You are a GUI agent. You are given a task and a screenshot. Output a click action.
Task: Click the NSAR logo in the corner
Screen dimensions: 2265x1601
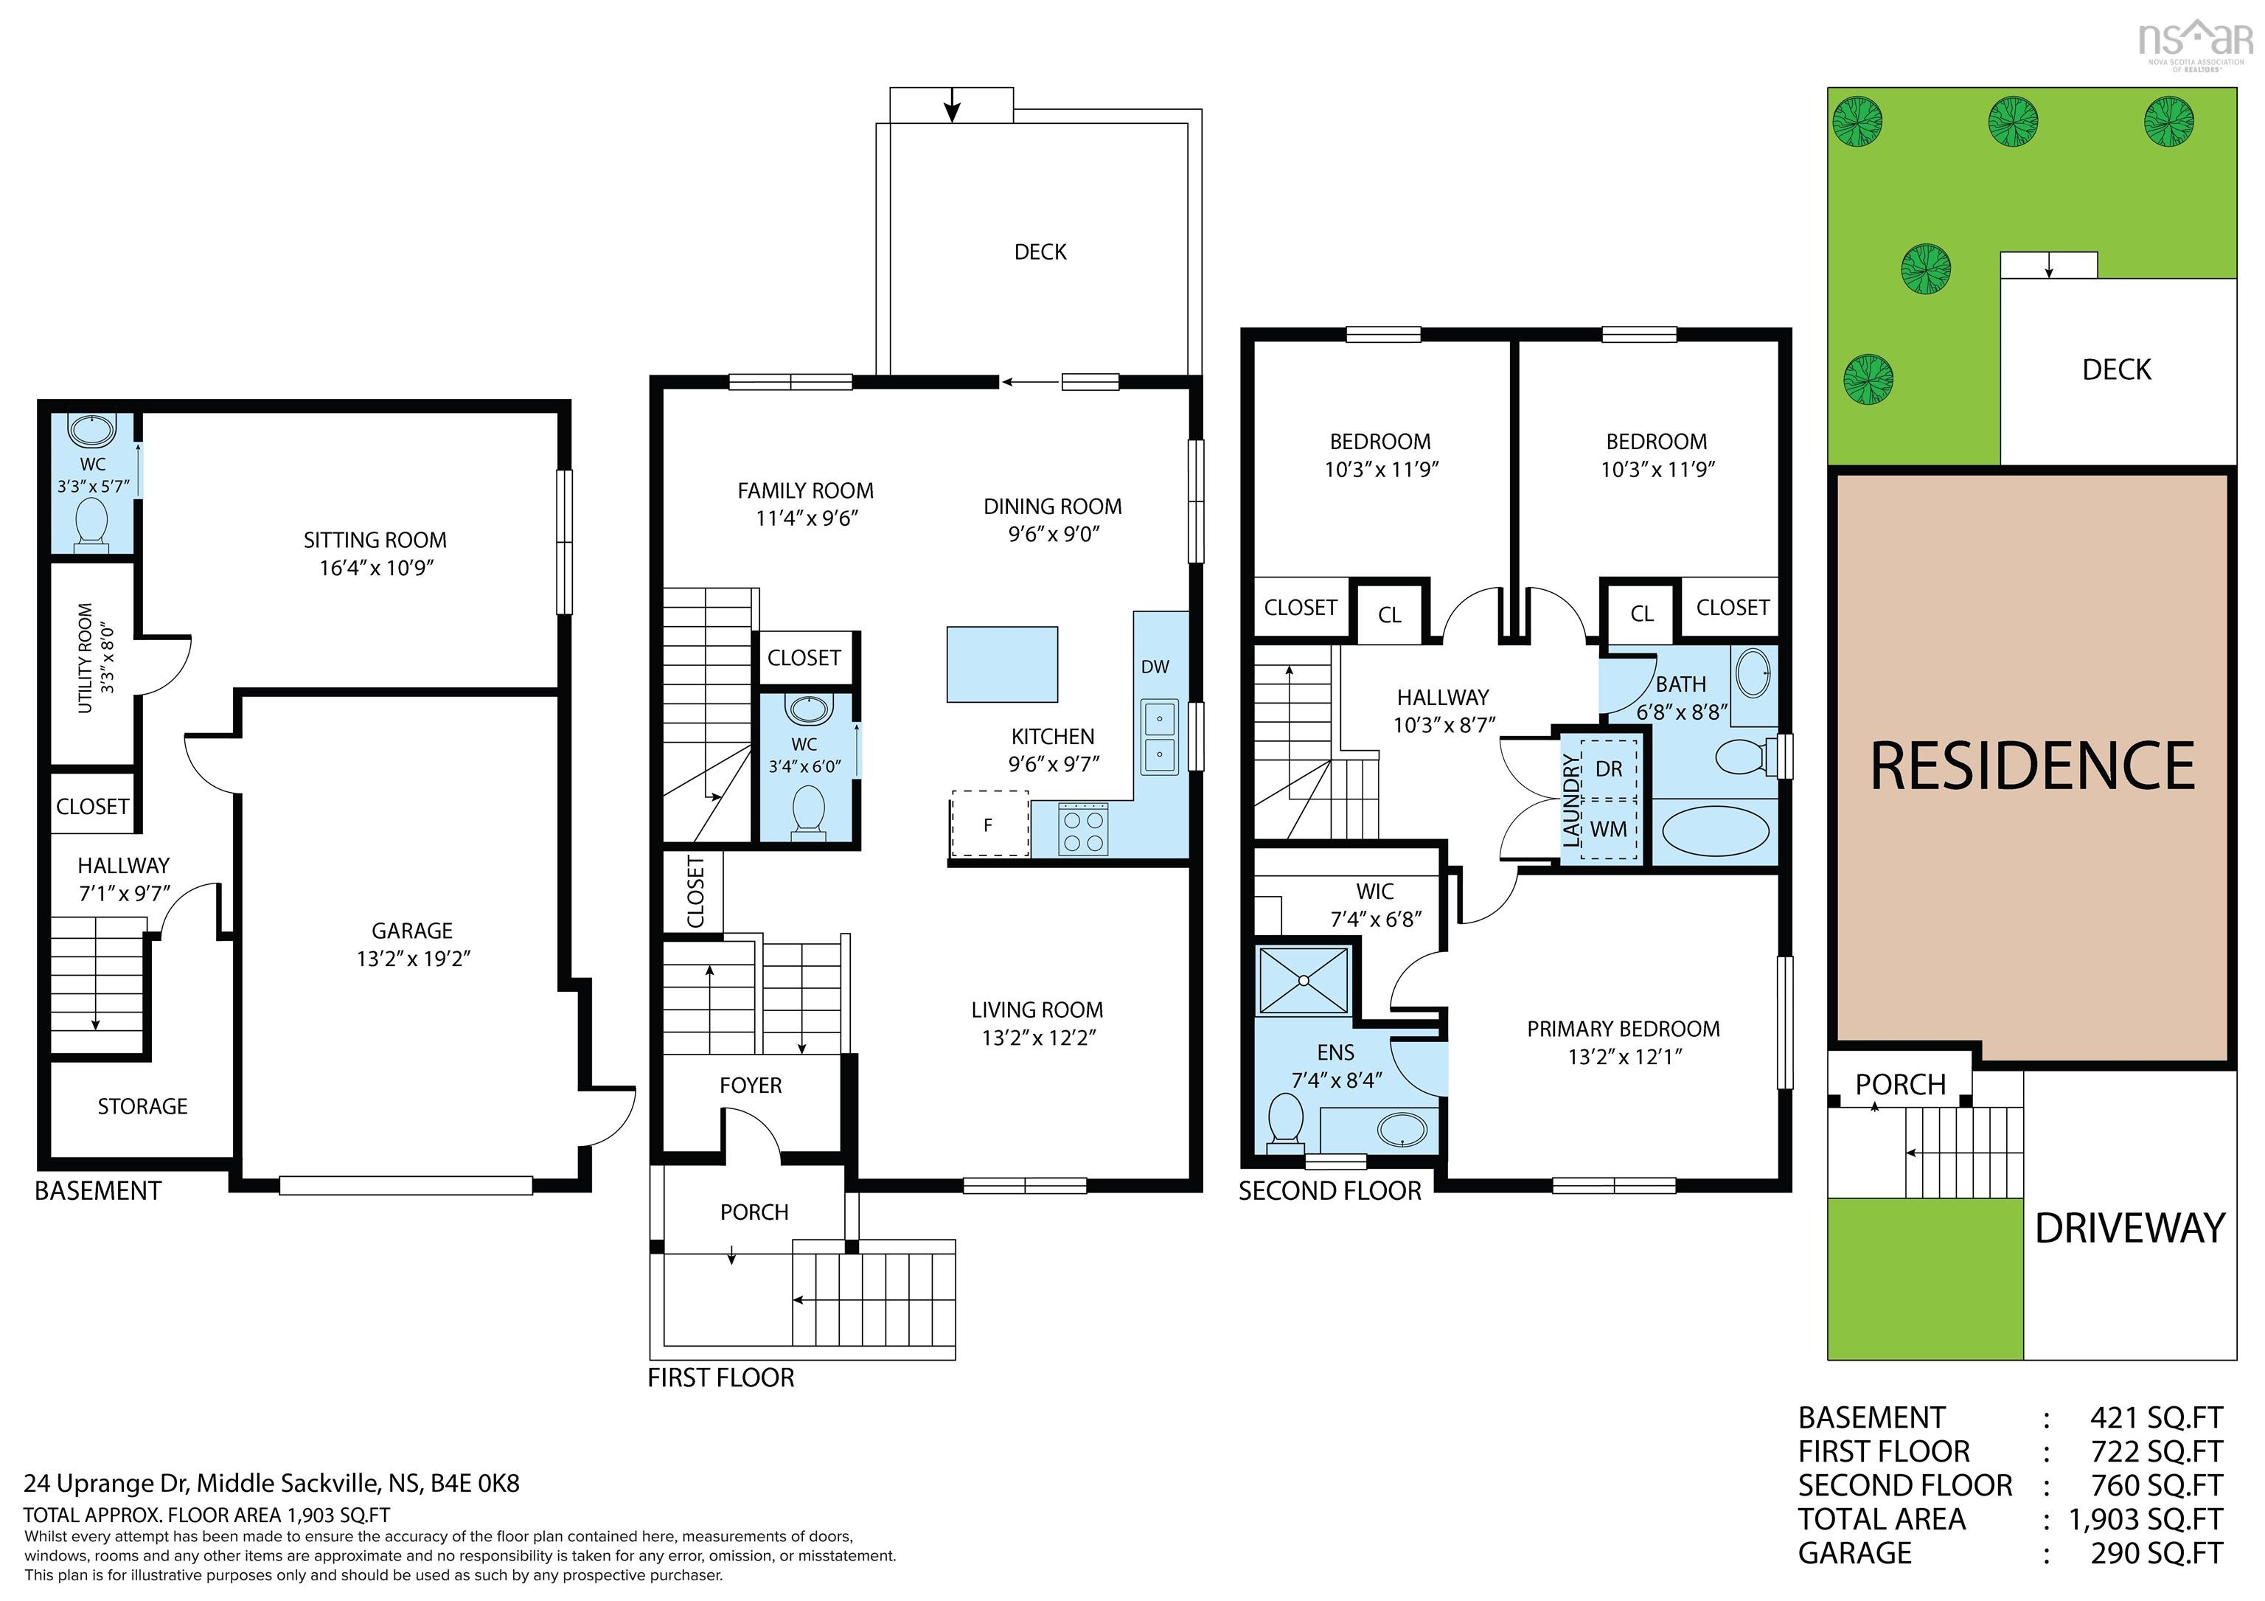pyautogui.click(x=2195, y=44)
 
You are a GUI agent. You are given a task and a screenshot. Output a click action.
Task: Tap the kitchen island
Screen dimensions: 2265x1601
pyautogui.click(x=1002, y=664)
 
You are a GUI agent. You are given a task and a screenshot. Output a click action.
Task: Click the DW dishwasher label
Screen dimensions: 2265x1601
pyautogui.click(x=1155, y=667)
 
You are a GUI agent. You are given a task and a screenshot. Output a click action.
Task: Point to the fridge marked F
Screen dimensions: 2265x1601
pyautogui.click(x=989, y=824)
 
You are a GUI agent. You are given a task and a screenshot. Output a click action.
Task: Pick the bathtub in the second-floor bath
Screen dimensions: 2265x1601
pyautogui.click(x=1714, y=832)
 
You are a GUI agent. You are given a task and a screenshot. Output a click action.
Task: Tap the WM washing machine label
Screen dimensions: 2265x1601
pyautogui.click(x=1609, y=830)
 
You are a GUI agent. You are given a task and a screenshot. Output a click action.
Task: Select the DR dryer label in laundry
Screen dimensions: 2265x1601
pyautogui.click(x=1609, y=768)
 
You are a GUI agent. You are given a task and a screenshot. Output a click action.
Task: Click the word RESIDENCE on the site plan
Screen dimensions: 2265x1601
pyautogui.click(x=2033, y=766)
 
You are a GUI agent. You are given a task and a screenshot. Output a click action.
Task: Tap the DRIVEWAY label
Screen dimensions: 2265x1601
pyautogui.click(x=2131, y=1228)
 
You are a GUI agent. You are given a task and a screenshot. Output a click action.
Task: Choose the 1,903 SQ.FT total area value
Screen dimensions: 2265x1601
pyautogui.click(x=2146, y=1519)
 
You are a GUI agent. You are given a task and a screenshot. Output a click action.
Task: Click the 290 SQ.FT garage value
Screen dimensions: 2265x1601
pyautogui.click(x=2157, y=1552)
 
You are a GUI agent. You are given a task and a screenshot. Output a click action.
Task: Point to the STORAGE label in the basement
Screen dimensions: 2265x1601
pyautogui.click(x=143, y=1107)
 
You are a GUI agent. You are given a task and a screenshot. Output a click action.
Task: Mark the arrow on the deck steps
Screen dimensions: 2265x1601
pyautogui.click(x=952, y=105)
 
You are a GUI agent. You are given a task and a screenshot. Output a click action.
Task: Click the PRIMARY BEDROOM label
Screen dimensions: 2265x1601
pyautogui.click(x=1624, y=1029)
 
